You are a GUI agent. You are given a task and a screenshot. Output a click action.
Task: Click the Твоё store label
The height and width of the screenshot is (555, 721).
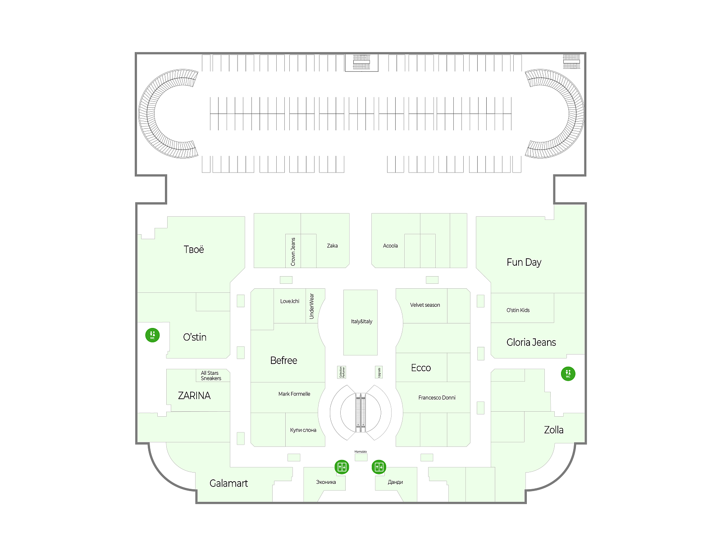coord(194,250)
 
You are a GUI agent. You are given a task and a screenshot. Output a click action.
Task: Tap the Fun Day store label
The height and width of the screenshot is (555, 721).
coord(524,262)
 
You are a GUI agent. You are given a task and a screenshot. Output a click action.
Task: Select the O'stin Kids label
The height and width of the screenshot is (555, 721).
coord(518,310)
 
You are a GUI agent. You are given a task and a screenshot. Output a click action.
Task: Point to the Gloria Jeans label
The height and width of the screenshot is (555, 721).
coord(531,342)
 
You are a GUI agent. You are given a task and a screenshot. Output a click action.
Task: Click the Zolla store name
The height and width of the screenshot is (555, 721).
coord(553,430)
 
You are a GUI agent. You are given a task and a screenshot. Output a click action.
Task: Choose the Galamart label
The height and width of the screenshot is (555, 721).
coord(228,483)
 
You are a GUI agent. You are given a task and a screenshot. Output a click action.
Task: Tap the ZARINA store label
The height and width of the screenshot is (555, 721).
coord(194,396)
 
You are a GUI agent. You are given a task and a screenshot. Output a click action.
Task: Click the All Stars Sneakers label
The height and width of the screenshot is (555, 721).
coord(210,376)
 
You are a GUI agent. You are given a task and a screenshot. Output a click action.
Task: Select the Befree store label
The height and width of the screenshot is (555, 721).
coord(283,360)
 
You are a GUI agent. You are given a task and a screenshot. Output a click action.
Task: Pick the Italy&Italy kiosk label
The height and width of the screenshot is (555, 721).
coord(361,322)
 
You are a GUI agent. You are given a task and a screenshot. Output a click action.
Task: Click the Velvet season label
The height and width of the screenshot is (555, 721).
coord(425,305)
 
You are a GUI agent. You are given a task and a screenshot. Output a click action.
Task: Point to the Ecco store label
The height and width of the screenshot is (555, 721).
coord(421,368)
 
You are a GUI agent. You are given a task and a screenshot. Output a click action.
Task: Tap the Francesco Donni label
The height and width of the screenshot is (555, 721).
coord(437,398)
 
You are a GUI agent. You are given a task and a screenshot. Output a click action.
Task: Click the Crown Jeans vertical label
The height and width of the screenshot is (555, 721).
coord(293,251)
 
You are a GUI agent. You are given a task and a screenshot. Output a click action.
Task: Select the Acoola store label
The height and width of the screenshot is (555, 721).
coord(390,246)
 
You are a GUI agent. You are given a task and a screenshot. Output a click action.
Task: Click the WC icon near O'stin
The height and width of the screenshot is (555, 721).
coord(152,335)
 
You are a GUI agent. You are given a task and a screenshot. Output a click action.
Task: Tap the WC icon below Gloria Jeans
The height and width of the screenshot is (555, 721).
coord(568,373)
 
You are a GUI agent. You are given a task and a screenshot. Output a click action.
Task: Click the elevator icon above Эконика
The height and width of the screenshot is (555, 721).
coord(342,467)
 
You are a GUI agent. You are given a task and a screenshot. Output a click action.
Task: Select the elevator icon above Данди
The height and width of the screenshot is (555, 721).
coord(379,467)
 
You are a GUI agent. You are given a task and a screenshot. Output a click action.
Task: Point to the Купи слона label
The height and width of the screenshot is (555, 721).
coord(303,430)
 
